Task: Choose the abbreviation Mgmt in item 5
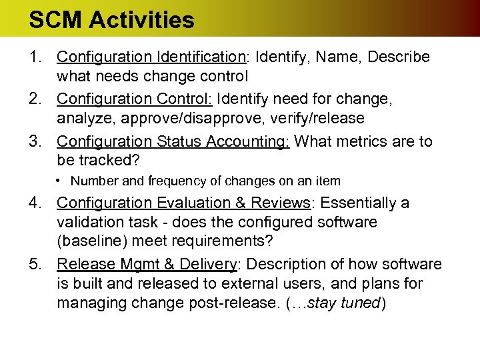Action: coord(140,265)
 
